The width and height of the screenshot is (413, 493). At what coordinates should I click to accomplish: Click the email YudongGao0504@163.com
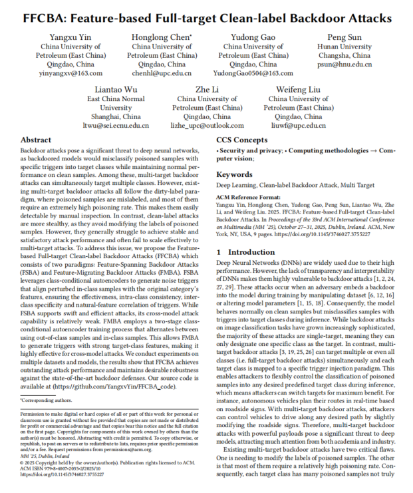tap(253, 73)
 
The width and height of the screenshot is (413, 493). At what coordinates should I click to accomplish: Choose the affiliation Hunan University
tap(346, 47)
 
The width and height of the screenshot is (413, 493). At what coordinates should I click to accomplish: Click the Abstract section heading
tap(36, 141)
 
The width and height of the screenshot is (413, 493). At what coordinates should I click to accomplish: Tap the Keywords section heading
tap(235, 174)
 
